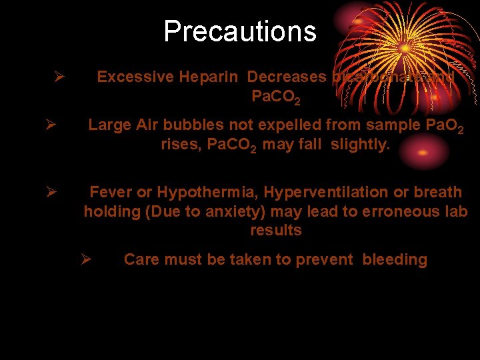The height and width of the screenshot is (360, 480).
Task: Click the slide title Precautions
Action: tap(239, 31)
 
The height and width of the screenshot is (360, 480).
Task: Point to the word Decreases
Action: tap(287, 77)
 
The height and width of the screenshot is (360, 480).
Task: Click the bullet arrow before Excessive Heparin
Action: tap(59, 77)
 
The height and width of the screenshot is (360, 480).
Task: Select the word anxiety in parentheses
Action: tap(203, 212)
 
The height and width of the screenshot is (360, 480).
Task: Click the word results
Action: tap(276, 231)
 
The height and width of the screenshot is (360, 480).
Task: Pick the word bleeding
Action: tap(395, 260)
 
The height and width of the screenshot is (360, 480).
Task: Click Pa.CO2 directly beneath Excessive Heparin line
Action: tap(275, 97)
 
